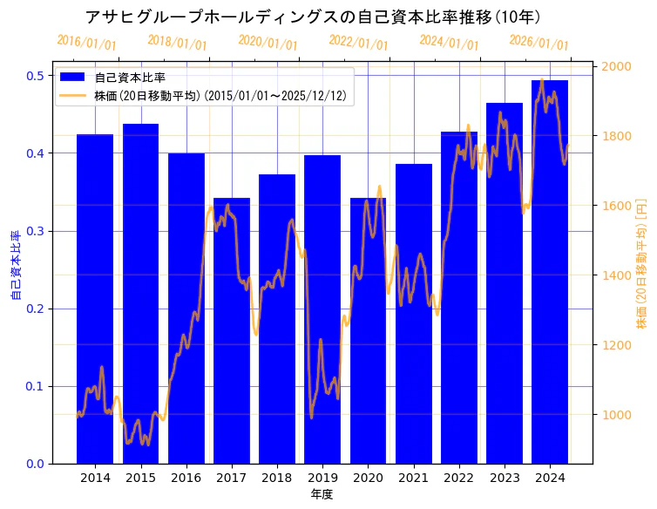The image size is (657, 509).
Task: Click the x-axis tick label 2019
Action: (x=322, y=478)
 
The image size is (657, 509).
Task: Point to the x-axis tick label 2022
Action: (x=459, y=478)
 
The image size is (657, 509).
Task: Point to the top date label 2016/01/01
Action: (x=86, y=42)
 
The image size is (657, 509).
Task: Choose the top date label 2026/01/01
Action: (x=538, y=42)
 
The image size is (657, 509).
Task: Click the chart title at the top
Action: (x=313, y=17)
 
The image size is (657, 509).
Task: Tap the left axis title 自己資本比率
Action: (x=15, y=266)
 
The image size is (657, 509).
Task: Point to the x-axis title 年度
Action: (x=322, y=494)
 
